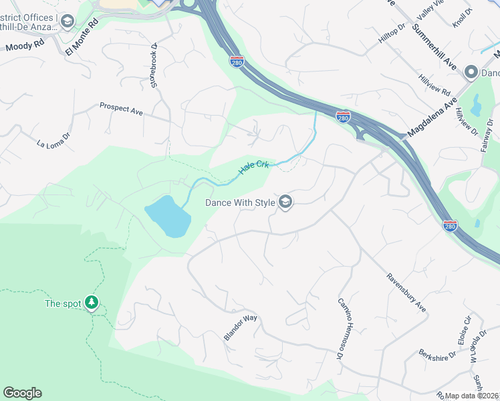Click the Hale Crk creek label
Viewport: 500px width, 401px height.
(254, 167)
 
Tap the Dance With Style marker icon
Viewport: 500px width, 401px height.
(285, 202)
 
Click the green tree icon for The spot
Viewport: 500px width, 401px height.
(92, 303)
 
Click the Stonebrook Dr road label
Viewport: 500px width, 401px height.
(154, 65)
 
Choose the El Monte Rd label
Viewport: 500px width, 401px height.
(82, 36)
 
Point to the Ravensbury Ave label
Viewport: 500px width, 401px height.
(406, 293)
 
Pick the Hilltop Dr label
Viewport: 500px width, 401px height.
(392, 35)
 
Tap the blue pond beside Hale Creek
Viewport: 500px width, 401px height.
(167, 216)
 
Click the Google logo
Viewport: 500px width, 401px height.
(22, 393)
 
